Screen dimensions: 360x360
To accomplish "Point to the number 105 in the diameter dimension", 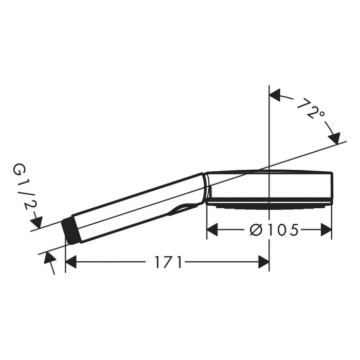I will tap(281, 230).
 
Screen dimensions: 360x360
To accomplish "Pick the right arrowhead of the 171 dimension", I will tap(263, 263).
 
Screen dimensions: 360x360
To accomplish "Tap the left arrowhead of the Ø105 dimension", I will tap(212, 230).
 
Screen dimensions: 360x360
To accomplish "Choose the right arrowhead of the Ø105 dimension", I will tap(326, 230).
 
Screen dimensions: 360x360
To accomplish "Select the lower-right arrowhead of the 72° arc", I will tap(334, 138).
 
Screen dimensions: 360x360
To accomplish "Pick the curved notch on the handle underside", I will tap(185, 208).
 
